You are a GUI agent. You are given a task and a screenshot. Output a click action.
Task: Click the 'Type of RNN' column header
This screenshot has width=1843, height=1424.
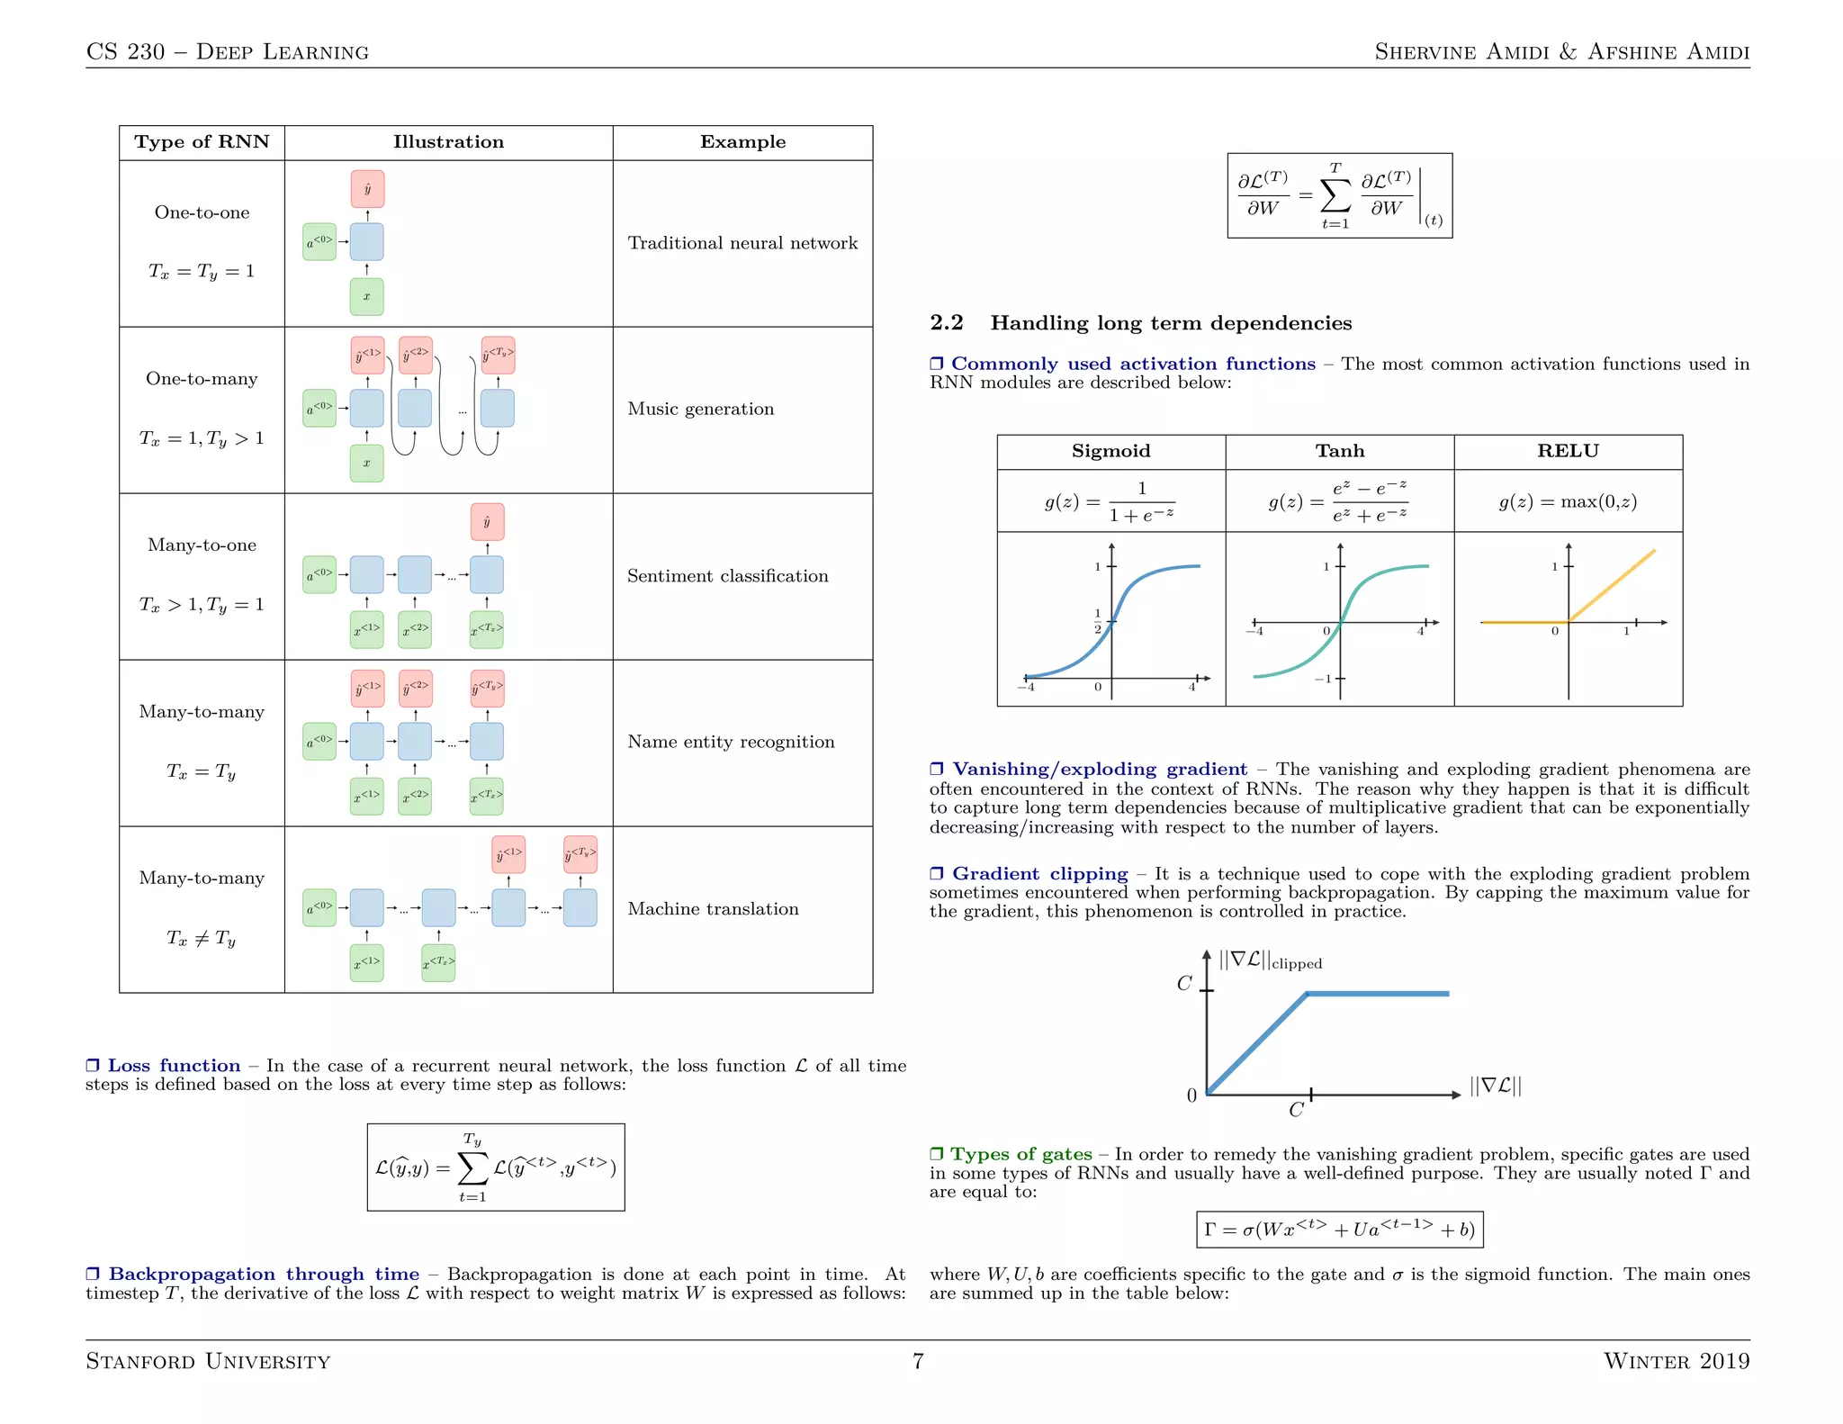202,142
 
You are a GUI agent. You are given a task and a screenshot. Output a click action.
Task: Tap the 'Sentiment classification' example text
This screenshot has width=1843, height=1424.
727,576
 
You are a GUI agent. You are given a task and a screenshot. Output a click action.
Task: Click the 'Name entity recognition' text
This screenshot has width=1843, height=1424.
731,742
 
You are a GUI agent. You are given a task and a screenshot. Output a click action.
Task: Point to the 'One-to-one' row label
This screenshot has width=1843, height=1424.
202,212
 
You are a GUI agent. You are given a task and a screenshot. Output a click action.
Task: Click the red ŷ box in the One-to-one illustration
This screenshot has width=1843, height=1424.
367,189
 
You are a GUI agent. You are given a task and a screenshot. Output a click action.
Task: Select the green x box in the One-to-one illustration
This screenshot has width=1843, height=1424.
366,296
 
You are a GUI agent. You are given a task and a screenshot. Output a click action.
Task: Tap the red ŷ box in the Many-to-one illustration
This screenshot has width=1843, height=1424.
487,522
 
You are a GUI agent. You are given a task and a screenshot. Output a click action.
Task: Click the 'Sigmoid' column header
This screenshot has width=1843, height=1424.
1110,451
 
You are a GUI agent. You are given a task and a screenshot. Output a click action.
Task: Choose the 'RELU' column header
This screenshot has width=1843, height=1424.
1568,451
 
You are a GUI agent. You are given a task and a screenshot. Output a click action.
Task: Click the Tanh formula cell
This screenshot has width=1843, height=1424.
1339,501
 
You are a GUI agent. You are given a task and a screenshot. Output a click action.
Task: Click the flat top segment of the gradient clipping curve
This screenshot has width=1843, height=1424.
1377,994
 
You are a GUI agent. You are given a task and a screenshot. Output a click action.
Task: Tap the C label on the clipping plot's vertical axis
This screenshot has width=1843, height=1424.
1184,984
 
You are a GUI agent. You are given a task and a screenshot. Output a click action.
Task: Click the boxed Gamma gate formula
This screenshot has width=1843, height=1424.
1339,1230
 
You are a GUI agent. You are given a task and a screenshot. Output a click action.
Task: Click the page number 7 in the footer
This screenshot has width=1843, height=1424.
918,1361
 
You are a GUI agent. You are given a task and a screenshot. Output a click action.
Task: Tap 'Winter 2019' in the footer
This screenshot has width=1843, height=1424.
1676,1361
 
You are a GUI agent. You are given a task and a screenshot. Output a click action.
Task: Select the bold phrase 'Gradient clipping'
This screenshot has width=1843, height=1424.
1039,874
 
